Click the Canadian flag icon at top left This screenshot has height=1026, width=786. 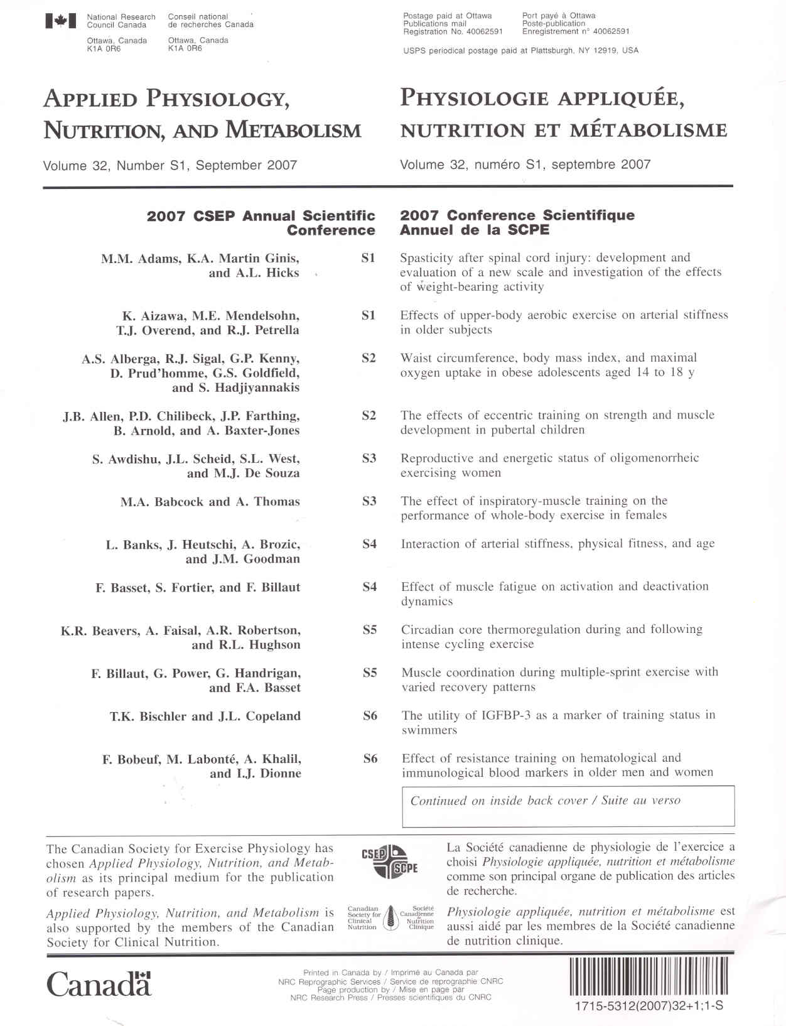61,21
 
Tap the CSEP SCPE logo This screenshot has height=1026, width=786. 389,861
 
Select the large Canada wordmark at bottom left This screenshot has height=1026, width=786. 99,984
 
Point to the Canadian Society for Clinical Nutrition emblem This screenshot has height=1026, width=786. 390,918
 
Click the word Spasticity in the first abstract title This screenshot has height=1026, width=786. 426,258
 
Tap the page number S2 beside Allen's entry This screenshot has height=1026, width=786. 369,415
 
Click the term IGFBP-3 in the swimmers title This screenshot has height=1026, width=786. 506,715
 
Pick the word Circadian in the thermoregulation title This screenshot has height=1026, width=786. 428,629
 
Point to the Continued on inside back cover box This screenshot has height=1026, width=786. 568,806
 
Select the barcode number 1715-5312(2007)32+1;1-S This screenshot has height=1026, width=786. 649,1005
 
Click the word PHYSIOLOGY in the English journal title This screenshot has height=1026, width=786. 218,99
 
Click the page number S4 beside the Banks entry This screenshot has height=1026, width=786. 370,544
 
